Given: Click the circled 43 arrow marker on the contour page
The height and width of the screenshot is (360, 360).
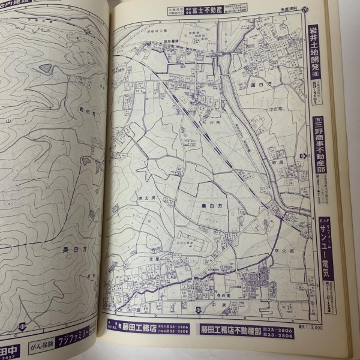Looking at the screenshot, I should pyautogui.click(x=21, y=327).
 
